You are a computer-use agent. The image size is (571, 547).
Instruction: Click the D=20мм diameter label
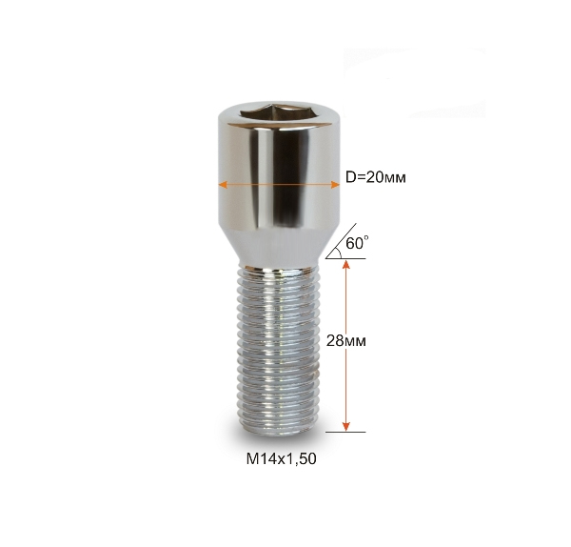(x=376, y=177)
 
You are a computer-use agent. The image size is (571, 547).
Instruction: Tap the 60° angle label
(x=357, y=243)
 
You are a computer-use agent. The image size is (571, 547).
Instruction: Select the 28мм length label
(x=346, y=341)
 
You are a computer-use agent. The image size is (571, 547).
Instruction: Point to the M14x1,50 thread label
(x=281, y=458)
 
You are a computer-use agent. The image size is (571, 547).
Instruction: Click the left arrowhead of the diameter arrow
(x=223, y=185)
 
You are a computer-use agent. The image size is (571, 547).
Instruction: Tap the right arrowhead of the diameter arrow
(x=335, y=185)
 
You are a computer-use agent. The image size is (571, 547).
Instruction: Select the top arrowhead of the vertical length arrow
(x=346, y=265)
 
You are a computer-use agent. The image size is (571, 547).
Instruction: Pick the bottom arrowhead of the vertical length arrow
(x=346, y=426)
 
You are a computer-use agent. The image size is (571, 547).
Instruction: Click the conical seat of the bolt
(x=279, y=248)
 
